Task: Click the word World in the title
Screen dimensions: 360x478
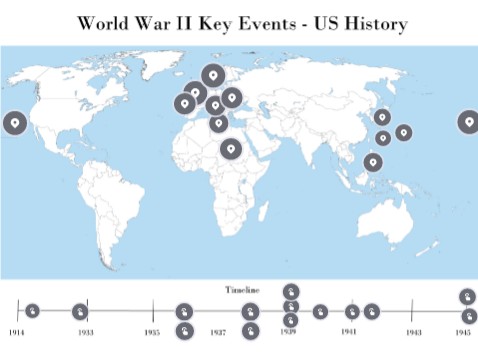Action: (110, 22)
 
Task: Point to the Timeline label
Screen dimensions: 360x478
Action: (241, 289)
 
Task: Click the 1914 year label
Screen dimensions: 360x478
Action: (16, 331)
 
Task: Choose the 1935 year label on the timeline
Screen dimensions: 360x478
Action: (152, 331)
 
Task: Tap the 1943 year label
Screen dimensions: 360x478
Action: (414, 331)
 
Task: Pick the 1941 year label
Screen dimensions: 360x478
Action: (349, 331)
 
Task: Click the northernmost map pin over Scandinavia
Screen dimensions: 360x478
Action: (212, 74)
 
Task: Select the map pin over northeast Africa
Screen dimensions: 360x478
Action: (231, 149)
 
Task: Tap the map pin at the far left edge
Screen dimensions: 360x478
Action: (13, 123)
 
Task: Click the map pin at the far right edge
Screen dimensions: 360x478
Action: (468, 122)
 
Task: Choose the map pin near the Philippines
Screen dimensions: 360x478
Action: (372, 162)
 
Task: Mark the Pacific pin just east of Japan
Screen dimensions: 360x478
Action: (403, 131)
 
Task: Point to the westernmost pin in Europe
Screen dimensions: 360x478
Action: (184, 102)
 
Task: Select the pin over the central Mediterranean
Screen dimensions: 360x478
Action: (219, 123)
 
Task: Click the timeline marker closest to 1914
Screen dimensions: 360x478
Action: (32, 311)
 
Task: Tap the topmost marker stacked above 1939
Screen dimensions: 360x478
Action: (289, 291)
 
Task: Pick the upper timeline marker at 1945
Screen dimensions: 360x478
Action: (467, 296)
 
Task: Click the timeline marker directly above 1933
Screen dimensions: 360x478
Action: (80, 311)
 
